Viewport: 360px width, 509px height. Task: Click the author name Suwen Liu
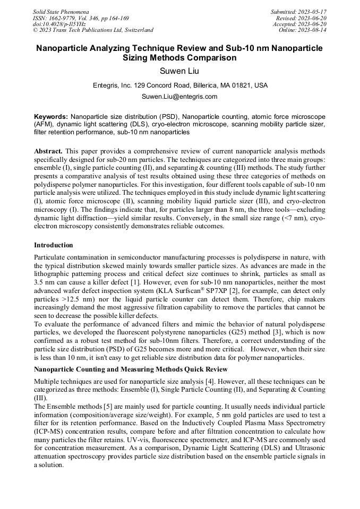click(179, 71)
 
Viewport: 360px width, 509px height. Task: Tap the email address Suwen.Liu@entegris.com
click(179, 97)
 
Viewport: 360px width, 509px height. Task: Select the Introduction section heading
click(54, 245)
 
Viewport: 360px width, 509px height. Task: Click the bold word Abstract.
click(48, 151)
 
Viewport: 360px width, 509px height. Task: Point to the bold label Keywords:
click(51, 116)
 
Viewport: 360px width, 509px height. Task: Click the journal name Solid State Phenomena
click(61, 12)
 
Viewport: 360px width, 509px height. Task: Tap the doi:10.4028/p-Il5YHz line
click(59, 24)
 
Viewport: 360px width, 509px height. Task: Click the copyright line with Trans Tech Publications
click(93, 30)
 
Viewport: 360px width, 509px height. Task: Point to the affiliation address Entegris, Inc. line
click(179, 85)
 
